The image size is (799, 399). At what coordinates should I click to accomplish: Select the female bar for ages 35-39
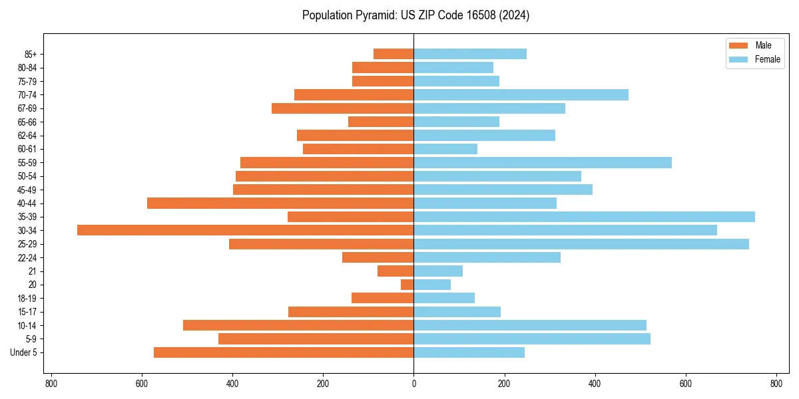pyautogui.click(x=584, y=217)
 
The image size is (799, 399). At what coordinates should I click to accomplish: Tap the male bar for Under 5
pyautogui.click(x=284, y=352)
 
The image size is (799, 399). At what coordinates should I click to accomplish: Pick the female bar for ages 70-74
pyautogui.click(x=521, y=95)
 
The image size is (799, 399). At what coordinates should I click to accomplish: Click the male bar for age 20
pyautogui.click(x=407, y=285)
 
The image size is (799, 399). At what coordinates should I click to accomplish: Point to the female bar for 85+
pyautogui.click(x=470, y=54)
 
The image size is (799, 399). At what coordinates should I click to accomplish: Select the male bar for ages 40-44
pyautogui.click(x=280, y=203)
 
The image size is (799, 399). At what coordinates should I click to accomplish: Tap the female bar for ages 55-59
pyautogui.click(x=543, y=163)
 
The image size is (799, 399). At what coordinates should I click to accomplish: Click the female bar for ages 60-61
pyautogui.click(x=445, y=149)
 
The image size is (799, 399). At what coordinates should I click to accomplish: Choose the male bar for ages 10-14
pyautogui.click(x=298, y=325)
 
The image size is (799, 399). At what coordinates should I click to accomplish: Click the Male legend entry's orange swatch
pyautogui.click(x=738, y=45)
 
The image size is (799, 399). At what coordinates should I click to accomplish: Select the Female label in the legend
pyautogui.click(x=768, y=59)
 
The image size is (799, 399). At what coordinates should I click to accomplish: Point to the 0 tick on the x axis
pyautogui.click(x=413, y=384)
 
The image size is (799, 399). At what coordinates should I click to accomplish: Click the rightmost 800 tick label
pyautogui.click(x=776, y=384)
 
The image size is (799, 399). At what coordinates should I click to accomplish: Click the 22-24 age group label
pyautogui.click(x=27, y=257)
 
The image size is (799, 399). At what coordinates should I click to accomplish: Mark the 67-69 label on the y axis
pyautogui.click(x=27, y=108)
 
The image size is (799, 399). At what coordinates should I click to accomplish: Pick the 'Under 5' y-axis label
pyautogui.click(x=24, y=352)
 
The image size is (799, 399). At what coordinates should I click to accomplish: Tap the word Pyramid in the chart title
pyautogui.click(x=374, y=15)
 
